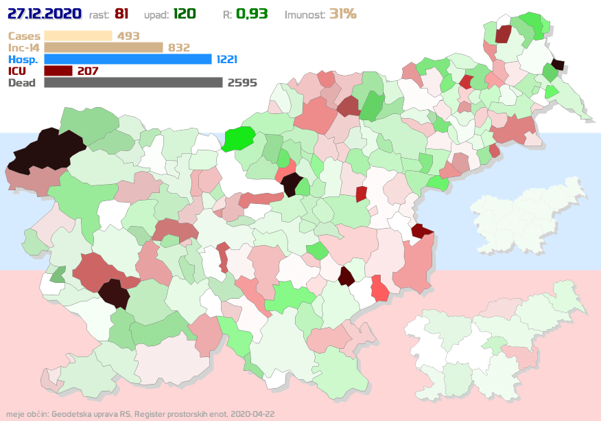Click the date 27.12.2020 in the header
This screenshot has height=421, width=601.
pyautogui.click(x=45, y=14)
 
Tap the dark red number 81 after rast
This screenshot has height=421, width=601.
pyautogui.click(x=122, y=14)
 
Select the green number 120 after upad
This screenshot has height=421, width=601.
pyautogui.click(x=185, y=14)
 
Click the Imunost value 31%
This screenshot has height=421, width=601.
pyautogui.click(x=342, y=14)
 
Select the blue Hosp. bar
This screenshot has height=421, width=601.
pyautogui.click(x=128, y=59)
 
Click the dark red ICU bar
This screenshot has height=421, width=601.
pyautogui.click(x=58, y=71)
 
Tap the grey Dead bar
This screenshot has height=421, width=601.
pyautogui.click(x=133, y=82)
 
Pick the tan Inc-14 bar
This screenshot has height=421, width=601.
pyautogui.click(x=103, y=47)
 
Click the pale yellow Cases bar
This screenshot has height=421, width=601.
pyautogui.click(x=78, y=36)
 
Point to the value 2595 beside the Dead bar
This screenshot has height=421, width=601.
pyautogui.click(x=242, y=82)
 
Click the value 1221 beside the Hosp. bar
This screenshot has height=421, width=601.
pyautogui.click(x=227, y=59)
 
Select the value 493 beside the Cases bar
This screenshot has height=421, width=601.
pyautogui.click(x=128, y=36)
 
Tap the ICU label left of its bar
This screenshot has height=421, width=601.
pyautogui.click(x=18, y=71)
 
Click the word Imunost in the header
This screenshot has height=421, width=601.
pyautogui.click(x=305, y=14)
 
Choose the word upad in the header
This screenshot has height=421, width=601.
pyautogui.click(x=156, y=14)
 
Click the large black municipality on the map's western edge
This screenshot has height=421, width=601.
pyautogui.click(x=45, y=149)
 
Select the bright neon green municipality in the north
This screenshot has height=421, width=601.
pyautogui.click(x=238, y=139)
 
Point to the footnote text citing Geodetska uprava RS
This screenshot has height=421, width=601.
pyautogui.click(x=141, y=415)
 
